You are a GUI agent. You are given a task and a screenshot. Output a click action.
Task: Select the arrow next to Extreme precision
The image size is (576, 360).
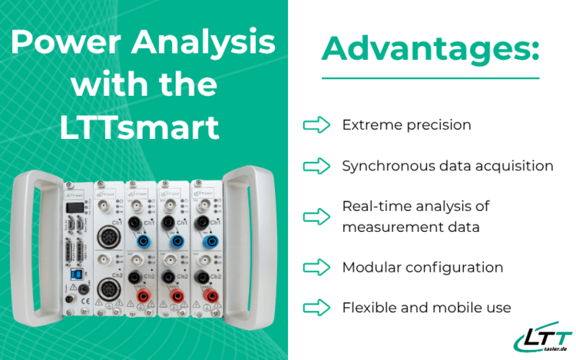(x=316, y=125)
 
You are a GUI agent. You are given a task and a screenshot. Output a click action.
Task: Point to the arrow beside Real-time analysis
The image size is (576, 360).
(x=316, y=216)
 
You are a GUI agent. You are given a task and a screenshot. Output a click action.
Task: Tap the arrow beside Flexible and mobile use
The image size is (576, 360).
(x=316, y=307)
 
